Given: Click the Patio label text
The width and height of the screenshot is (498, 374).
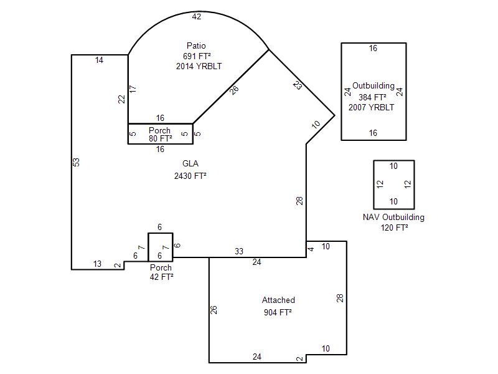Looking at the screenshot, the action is (x=196, y=46).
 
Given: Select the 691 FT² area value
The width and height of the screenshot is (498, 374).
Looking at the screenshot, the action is (x=197, y=56).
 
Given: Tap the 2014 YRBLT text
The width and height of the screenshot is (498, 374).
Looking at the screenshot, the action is (x=199, y=66).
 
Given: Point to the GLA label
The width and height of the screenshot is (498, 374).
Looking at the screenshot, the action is (x=190, y=163).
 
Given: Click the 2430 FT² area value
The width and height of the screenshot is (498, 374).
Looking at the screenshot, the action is (x=190, y=176).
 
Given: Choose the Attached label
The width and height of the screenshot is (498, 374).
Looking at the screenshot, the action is (x=278, y=300).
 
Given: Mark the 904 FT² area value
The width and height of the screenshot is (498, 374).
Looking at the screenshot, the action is (x=278, y=312).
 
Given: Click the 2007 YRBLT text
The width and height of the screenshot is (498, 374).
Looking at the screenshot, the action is (x=371, y=107).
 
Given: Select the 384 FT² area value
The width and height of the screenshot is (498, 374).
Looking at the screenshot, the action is (x=372, y=97).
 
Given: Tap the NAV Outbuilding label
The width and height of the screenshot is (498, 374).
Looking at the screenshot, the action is (x=393, y=217).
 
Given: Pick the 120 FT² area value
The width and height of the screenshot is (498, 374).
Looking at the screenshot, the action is (x=394, y=228).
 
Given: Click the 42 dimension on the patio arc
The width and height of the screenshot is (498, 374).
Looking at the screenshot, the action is (x=197, y=17).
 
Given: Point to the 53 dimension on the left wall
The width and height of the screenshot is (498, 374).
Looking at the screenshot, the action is (x=76, y=162).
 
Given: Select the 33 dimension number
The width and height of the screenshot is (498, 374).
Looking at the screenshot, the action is (x=239, y=251).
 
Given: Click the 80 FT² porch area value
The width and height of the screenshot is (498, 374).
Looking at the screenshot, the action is (x=161, y=138).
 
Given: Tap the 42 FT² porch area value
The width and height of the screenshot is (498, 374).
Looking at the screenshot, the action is (x=161, y=277).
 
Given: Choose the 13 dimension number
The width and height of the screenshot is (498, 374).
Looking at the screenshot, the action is (x=97, y=264).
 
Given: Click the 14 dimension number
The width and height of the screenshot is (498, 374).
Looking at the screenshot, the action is (x=99, y=60).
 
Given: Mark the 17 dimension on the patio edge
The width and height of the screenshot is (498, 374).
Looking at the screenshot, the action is (x=133, y=89).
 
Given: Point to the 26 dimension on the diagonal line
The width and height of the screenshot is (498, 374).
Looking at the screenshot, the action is (x=234, y=90).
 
